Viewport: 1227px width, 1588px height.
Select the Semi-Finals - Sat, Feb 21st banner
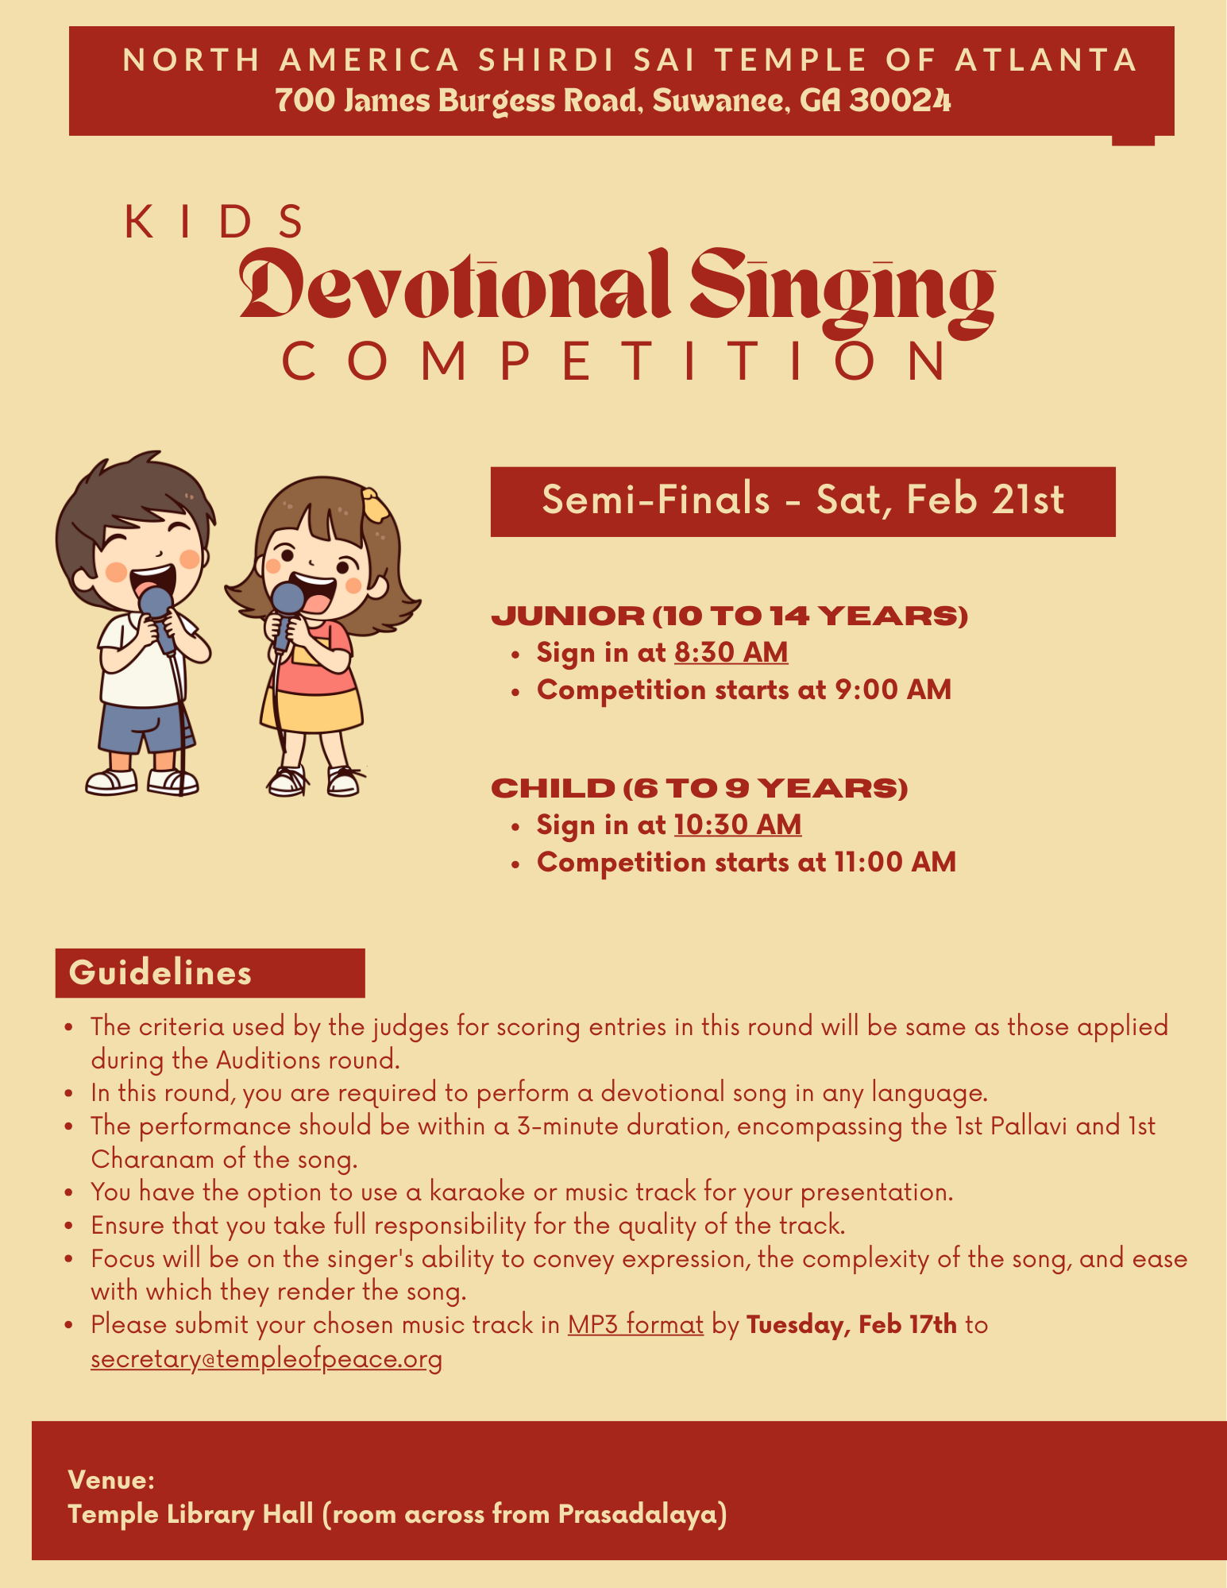803,501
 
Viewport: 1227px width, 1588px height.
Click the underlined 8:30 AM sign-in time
731,652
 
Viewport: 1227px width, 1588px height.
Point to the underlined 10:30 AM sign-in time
738,825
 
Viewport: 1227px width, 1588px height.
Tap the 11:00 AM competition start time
895,862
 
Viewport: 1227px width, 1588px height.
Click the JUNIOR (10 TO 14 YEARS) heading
730,616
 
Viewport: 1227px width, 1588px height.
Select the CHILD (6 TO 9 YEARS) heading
700,788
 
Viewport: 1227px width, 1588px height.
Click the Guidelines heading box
210,973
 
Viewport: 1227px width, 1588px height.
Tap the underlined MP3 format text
635,1325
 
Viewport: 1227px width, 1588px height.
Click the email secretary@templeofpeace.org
266,1359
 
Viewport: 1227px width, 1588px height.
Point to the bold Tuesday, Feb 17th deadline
851,1325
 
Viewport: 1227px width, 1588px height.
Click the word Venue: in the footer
111,1480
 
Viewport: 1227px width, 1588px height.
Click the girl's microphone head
287,598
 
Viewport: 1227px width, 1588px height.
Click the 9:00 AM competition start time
893,690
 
